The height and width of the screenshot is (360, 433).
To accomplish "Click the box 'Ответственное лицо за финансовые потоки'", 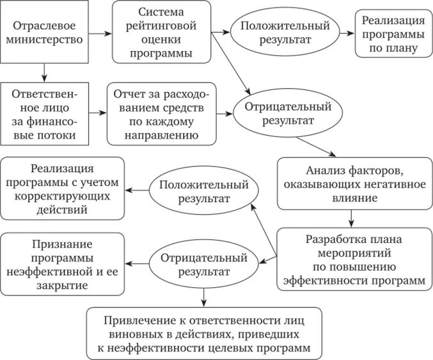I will (44, 114).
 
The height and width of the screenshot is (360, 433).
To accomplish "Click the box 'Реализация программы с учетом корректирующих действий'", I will (62, 189).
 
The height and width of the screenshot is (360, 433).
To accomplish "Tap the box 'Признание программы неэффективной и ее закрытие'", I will (62, 263).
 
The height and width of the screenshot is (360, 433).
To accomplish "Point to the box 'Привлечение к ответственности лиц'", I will (204, 333).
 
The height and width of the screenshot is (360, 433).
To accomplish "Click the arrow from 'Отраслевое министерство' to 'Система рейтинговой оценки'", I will (100, 31).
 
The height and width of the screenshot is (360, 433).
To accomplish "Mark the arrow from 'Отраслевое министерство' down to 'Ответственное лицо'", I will (43, 72).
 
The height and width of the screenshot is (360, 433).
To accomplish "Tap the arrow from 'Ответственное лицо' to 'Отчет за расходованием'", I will (96, 113).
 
